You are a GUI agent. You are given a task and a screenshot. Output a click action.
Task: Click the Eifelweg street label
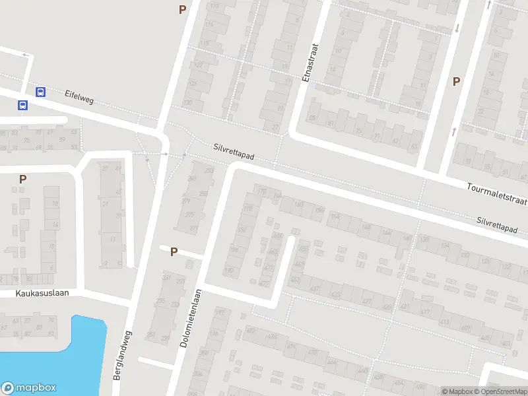pyautogui.click(x=79, y=96)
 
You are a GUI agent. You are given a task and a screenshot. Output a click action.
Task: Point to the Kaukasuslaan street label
pyautogui.click(x=44, y=292)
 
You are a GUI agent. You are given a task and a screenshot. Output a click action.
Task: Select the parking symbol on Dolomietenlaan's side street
pyautogui.click(x=174, y=251)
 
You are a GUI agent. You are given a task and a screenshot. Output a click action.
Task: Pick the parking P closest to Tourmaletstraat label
pyautogui.click(x=455, y=81)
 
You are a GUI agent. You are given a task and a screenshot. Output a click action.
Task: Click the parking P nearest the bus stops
pyautogui.click(x=22, y=178)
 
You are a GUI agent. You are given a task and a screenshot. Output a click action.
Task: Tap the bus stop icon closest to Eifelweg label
pyautogui.click(x=41, y=92)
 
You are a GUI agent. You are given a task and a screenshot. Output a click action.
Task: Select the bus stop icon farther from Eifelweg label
pyautogui.click(x=23, y=105)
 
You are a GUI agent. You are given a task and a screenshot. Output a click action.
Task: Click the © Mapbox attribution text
pyautogui.click(x=457, y=391)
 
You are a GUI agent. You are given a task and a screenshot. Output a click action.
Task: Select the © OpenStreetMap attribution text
pyautogui.click(x=502, y=391)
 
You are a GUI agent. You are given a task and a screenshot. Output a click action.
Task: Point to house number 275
pyautogui.click(x=190, y=214)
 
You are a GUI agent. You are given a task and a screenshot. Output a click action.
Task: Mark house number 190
pyautogui.click(x=229, y=270)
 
